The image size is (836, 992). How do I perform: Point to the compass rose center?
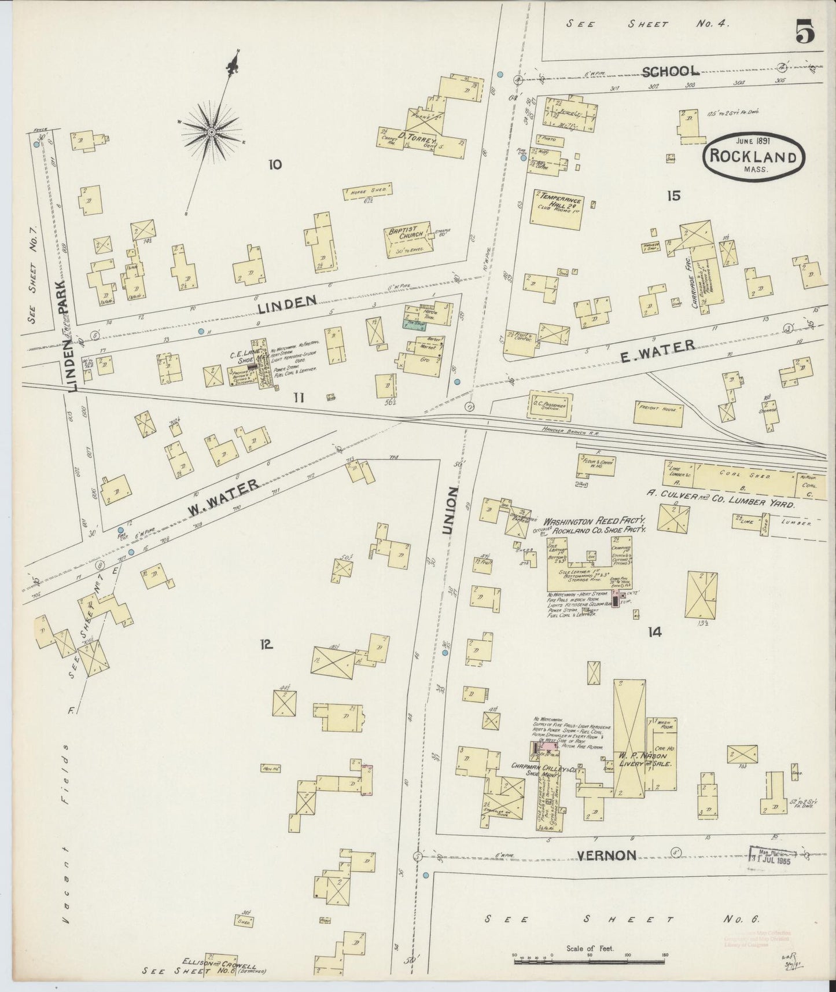(212, 133)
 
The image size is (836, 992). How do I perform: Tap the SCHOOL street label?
(671, 71)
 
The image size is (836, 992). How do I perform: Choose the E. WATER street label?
(658, 350)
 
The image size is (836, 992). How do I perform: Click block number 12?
(266, 644)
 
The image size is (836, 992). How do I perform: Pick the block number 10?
(275, 165)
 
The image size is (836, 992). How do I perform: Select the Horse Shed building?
(368, 191)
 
